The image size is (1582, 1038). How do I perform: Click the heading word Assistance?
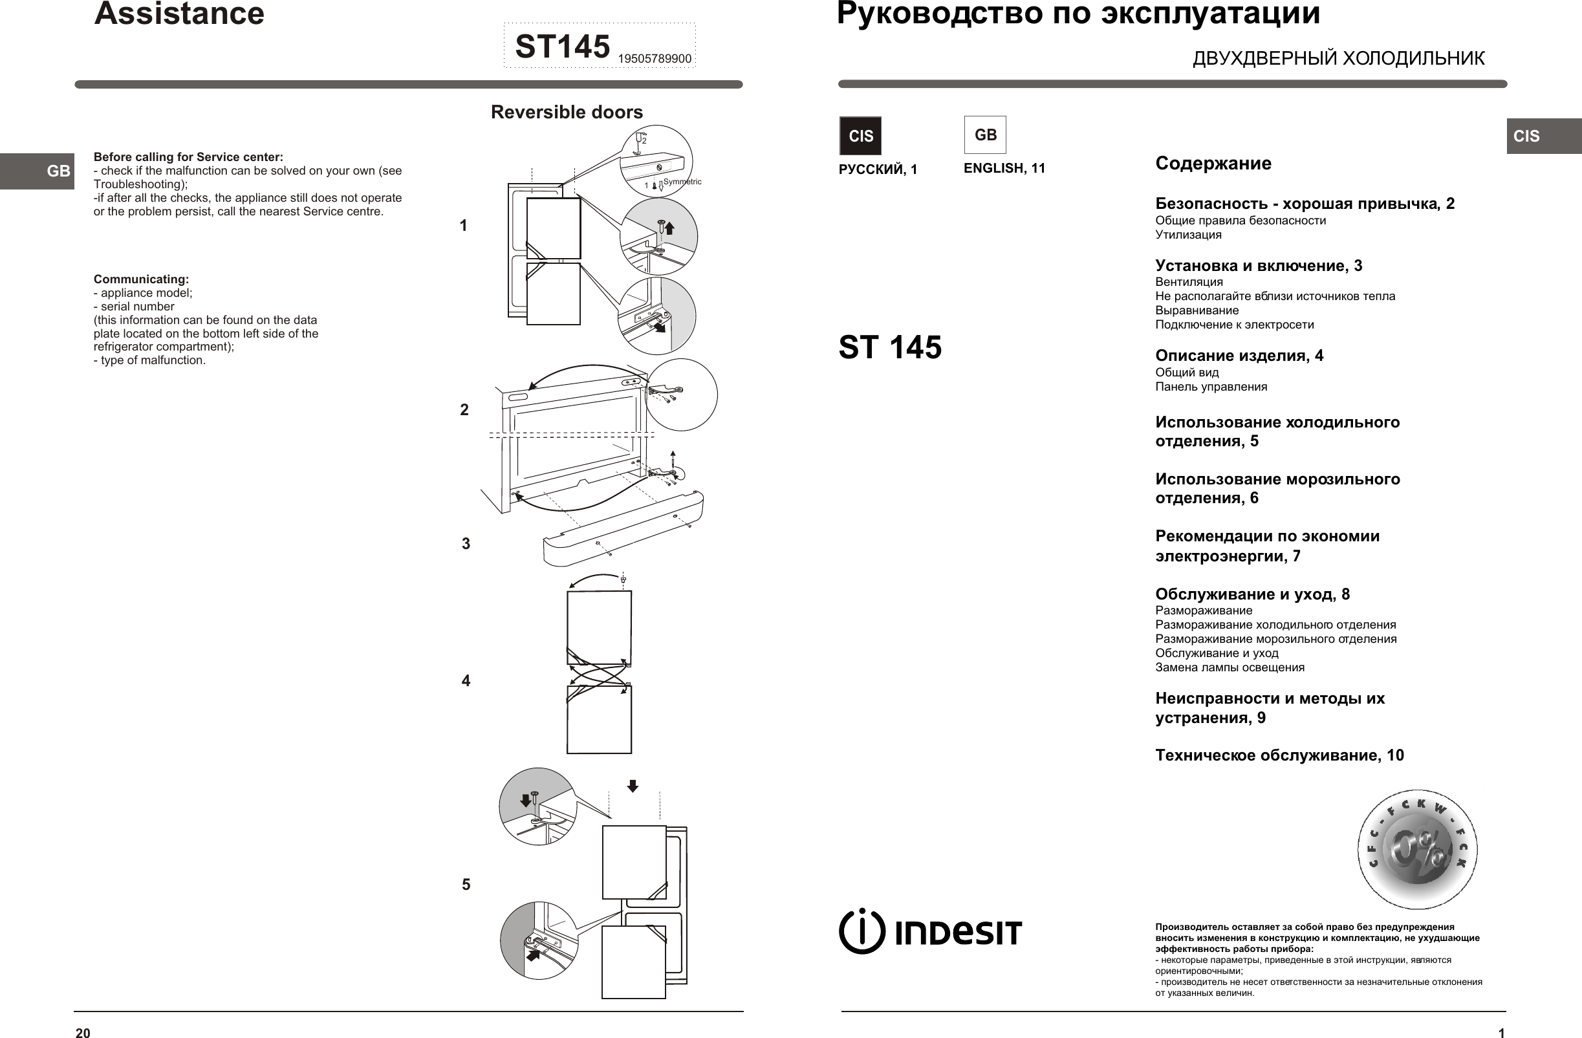pyautogui.click(x=179, y=15)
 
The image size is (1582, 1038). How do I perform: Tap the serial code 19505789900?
pyautogui.click(x=654, y=59)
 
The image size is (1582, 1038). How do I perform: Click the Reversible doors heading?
pyautogui.click(x=567, y=112)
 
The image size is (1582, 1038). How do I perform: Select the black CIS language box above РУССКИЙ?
pyautogui.click(x=860, y=136)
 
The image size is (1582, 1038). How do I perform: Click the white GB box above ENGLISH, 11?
pyautogui.click(x=985, y=135)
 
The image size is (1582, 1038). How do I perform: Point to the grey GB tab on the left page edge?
pyautogui.click(x=38, y=171)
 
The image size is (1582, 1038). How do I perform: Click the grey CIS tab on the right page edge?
pyautogui.click(x=1543, y=136)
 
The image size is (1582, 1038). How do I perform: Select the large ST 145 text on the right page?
pyautogui.click(x=889, y=347)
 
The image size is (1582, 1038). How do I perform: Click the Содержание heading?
pyautogui.click(x=1213, y=164)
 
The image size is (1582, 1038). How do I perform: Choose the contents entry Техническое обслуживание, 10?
pyautogui.click(x=1279, y=755)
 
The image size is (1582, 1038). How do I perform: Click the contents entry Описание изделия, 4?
pyautogui.click(x=1239, y=356)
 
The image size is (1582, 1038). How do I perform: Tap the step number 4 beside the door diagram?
pyautogui.click(x=466, y=681)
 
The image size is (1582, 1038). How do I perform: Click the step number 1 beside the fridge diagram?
pyautogui.click(x=463, y=226)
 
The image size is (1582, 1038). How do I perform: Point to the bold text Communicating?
pyautogui.click(x=141, y=279)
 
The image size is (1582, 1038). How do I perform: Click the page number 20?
pyautogui.click(x=82, y=1032)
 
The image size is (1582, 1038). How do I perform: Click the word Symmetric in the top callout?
pyautogui.click(x=682, y=182)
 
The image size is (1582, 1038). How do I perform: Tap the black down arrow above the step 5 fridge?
pyautogui.click(x=633, y=786)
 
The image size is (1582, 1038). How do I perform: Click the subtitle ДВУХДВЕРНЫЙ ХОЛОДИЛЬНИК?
pyautogui.click(x=1338, y=58)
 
